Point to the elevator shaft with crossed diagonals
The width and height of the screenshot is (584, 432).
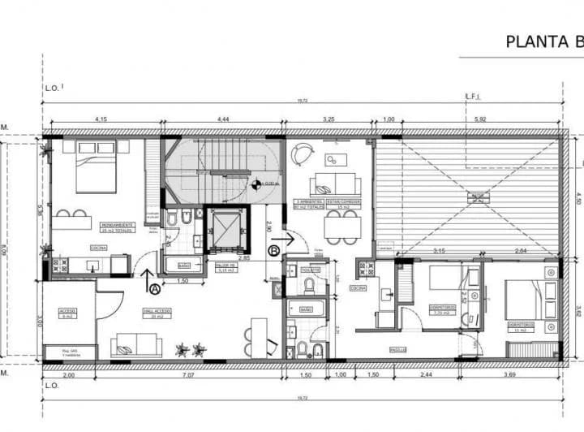tap(223, 229)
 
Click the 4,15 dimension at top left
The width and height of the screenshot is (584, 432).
tap(101, 120)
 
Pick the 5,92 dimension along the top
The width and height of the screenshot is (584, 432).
tap(482, 120)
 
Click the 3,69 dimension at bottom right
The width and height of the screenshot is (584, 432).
tap(509, 376)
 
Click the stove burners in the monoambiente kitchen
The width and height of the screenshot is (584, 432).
tap(58, 265)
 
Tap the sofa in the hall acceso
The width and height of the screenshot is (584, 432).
tap(135, 345)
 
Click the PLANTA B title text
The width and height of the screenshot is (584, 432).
tap(543, 41)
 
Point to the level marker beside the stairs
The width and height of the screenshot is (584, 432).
tap(256, 184)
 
